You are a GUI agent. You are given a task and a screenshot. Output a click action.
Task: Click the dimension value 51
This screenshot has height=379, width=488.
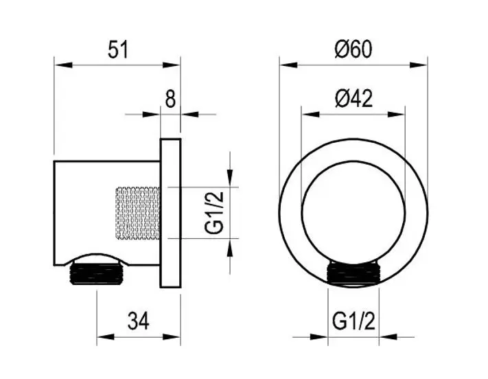tap(118, 50)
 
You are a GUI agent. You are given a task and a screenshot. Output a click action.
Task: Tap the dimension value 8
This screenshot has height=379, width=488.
tap(170, 99)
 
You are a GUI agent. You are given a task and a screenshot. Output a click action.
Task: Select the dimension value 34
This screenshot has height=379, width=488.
tap(138, 321)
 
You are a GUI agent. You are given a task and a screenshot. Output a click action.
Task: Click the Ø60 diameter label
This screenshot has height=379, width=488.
tap(353, 49)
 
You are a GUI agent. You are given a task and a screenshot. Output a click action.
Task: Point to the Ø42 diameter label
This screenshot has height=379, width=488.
tap(354, 99)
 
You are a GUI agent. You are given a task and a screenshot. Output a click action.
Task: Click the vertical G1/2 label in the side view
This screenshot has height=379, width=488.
tap(214, 213)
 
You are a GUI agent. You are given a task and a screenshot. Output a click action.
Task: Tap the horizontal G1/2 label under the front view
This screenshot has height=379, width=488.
tap(353, 321)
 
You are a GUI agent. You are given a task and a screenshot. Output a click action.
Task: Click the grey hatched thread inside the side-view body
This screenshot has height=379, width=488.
tap(137, 214)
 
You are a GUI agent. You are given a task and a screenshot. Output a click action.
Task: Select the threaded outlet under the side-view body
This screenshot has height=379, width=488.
tap(97, 273)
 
